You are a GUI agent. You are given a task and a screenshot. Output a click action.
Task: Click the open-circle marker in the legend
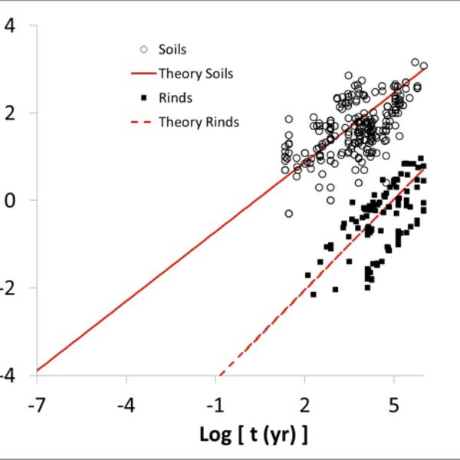(143, 50)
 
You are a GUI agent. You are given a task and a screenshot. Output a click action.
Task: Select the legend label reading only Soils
(172, 50)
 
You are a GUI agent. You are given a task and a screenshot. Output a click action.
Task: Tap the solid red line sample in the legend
(143, 74)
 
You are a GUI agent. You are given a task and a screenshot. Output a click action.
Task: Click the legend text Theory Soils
(195, 74)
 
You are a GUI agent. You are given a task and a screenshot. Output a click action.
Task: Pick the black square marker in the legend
(143, 97)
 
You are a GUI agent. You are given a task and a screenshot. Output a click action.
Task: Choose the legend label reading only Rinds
(175, 97)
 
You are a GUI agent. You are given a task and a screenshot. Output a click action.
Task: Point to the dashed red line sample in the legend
(143, 121)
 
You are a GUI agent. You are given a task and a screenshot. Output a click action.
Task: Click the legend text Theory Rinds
(199, 121)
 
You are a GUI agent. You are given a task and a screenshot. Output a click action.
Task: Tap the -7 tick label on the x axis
(37, 404)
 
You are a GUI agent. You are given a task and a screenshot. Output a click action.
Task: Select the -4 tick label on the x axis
(127, 404)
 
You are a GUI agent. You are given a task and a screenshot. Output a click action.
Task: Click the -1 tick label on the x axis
(215, 404)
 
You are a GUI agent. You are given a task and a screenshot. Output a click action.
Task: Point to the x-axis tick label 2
(306, 404)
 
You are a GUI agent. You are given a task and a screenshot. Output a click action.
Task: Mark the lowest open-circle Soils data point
(289, 214)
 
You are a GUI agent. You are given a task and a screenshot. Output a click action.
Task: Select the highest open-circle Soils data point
(415, 62)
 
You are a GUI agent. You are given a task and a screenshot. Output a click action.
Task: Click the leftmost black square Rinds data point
(307, 274)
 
